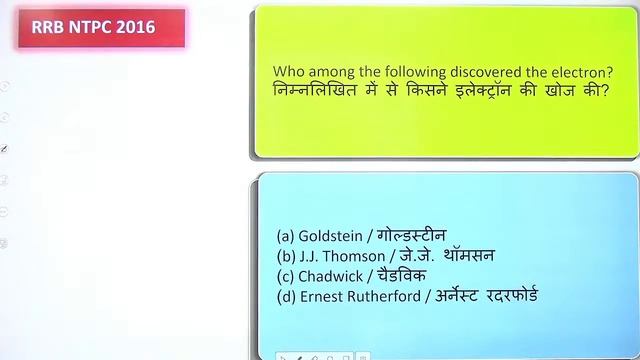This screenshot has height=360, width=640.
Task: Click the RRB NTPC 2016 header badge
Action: click(x=101, y=27)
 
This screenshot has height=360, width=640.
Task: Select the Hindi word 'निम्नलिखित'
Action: click(x=316, y=91)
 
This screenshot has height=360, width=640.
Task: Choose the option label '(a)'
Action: click(x=285, y=236)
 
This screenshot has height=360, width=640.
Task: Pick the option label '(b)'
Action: click(x=285, y=256)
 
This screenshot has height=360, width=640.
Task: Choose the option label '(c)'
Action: click(x=285, y=276)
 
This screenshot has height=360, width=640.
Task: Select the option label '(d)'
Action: click(x=285, y=296)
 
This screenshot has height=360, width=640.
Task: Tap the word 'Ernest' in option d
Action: click(x=322, y=296)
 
